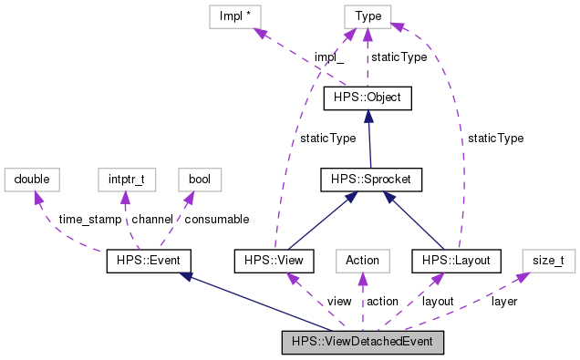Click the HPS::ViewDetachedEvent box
362,343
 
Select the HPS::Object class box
368,97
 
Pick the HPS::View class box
274,262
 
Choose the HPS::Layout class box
457,262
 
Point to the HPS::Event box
149,262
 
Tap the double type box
32,180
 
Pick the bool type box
199,180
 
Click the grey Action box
362,262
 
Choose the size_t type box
548,262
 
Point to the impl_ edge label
329,57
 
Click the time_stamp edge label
88,220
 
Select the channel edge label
151,220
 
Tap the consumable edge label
217,220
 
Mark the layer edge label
503,301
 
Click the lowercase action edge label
382,301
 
